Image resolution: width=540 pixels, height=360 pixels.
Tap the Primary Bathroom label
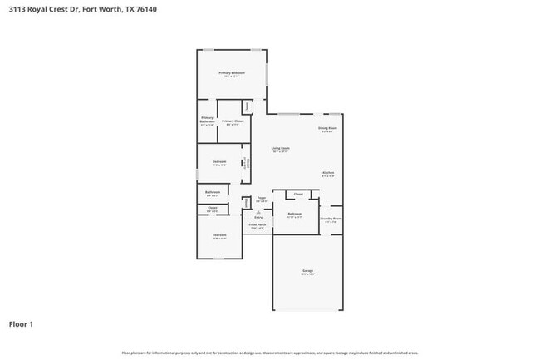[207, 121]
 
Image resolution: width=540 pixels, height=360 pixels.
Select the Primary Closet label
[233, 122]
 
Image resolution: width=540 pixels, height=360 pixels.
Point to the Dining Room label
[327, 129]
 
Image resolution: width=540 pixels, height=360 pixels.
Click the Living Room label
[280, 149]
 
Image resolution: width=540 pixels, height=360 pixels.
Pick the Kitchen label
[328, 174]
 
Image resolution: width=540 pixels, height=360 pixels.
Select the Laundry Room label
[331, 219]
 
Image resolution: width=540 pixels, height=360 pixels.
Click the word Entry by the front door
[258, 218]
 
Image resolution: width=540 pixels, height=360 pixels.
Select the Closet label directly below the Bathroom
[212, 209]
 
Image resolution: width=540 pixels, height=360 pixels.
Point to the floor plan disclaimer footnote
[270, 353]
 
